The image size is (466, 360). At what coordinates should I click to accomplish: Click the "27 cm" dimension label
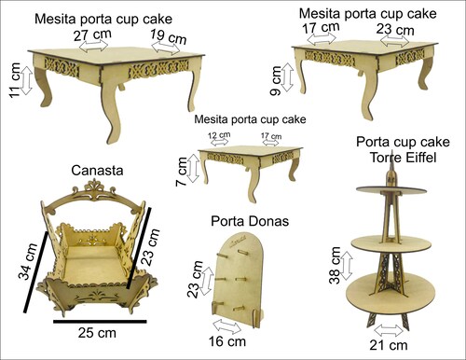pyautogui.click(x=92, y=35)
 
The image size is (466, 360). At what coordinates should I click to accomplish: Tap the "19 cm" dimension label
pyautogui.click(x=169, y=37)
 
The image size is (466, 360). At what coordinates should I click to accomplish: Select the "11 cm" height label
pyautogui.click(x=15, y=80)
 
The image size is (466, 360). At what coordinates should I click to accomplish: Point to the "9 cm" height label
pyautogui.click(x=276, y=80)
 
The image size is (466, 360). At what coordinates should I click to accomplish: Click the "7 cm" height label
pyautogui.click(x=182, y=172)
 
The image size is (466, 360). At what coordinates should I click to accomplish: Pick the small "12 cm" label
pyautogui.click(x=219, y=135)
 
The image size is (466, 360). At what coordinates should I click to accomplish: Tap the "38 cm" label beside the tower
pyautogui.click(x=335, y=265)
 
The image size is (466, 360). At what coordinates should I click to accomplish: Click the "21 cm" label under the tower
pyautogui.click(x=389, y=345)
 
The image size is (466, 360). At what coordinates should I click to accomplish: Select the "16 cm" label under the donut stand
pyautogui.click(x=227, y=341)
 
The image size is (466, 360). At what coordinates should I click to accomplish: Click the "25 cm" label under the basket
pyautogui.click(x=97, y=333)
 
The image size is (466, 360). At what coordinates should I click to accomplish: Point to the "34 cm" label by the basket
pyautogui.click(x=28, y=262)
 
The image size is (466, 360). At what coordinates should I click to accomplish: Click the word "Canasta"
pyautogui.click(x=97, y=171)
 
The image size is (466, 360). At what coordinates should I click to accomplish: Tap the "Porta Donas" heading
pyautogui.click(x=250, y=221)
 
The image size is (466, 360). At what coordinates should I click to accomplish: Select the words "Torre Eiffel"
pyautogui.click(x=404, y=157)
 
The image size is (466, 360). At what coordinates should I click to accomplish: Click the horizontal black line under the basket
pyautogui.click(x=100, y=322)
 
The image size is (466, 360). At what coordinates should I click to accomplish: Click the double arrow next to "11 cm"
pyautogui.click(x=27, y=80)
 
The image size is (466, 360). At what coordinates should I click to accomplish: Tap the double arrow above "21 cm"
pyautogui.click(x=389, y=330)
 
